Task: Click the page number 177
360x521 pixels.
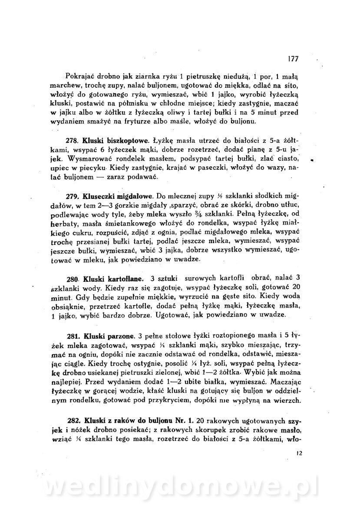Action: pos(293,59)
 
